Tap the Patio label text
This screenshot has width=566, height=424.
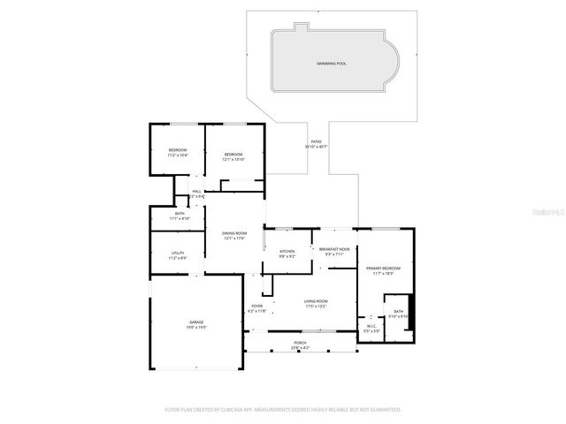(316, 141)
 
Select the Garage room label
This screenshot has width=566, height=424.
(195, 322)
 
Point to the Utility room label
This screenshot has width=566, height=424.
(178, 253)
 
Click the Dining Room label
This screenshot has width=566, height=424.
(234, 232)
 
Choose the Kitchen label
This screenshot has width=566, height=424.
(287, 251)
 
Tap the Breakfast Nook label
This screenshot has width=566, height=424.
(334, 250)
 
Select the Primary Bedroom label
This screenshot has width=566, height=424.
(384, 268)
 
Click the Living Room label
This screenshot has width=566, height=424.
(316, 302)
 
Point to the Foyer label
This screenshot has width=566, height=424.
(256, 306)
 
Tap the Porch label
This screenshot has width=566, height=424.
(301, 343)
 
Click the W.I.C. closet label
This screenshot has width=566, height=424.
(370, 326)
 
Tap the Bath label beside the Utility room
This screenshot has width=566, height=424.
(180, 213)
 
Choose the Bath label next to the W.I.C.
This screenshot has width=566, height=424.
(398, 311)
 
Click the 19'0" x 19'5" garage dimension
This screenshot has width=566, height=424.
(195, 327)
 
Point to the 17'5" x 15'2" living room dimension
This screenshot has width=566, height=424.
(316, 307)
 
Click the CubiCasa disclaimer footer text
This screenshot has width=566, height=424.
(283, 410)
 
